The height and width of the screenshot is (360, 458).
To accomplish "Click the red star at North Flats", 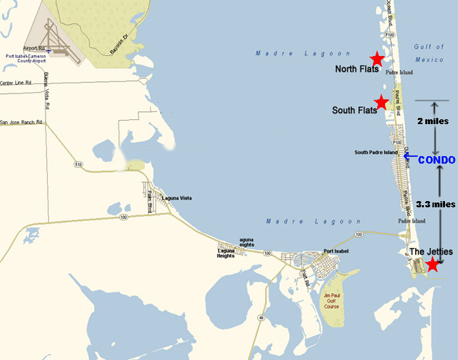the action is click(x=376, y=59).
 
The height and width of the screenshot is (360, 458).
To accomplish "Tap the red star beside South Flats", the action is click(x=382, y=101).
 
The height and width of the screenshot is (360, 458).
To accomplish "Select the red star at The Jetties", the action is click(x=431, y=264).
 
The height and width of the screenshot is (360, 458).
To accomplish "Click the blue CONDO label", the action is click(x=436, y=160).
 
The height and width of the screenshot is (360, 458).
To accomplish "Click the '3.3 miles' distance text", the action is click(x=435, y=204).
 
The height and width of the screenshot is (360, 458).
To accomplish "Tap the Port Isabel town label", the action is click(x=337, y=250).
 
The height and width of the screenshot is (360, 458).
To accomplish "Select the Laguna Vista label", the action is click(x=177, y=198).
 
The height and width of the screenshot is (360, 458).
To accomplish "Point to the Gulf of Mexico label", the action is click(x=429, y=53).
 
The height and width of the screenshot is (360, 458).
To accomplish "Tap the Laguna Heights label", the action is click(x=226, y=253).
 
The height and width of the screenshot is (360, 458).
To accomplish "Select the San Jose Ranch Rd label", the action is click(x=21, y=123).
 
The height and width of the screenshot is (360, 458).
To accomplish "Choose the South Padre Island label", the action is click(x=376, y=152).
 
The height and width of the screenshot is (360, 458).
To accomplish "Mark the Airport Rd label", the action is click(x=33, y=48).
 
